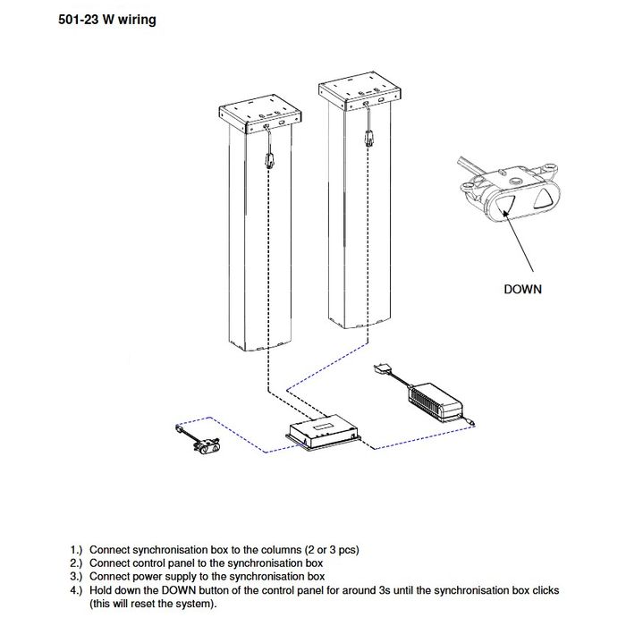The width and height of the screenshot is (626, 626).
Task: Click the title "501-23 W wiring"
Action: point(106,20)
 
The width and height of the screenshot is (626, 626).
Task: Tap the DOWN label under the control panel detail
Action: point(522,289)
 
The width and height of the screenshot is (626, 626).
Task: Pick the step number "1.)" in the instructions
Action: point(78,549)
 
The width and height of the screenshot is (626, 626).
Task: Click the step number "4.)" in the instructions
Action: point(78,590)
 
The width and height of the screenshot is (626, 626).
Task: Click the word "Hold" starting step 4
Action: point(102,590)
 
